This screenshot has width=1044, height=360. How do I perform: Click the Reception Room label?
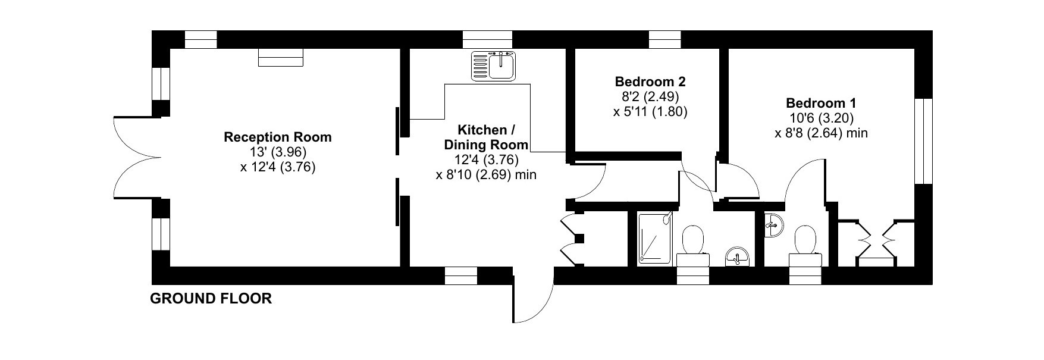(x=277, y=137)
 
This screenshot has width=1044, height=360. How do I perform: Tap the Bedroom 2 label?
(x=650, y=82)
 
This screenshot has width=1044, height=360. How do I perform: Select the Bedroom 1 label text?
(x=821, y=103)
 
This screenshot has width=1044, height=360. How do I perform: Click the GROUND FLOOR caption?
(x=211, y=299)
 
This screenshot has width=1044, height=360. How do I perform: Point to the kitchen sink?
(x=494, y=65)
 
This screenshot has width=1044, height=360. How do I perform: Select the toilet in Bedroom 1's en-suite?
(x=806, y=245)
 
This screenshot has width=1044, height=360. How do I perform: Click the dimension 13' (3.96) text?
(x=277, y=152)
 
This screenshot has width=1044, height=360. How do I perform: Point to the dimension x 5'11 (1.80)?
(x=650, y=111)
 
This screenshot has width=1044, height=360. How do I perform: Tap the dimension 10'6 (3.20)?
(x=821, y=118)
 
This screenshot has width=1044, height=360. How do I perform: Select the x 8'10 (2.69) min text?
(x=486, y=174)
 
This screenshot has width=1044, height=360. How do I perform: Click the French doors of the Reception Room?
(x=137, y=157)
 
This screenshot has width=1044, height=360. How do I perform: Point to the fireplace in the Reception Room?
(x=281, y=57)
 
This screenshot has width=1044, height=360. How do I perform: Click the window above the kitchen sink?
(x=487, y=39)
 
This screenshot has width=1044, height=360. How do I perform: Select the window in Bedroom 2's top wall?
(x=664, y=39)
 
